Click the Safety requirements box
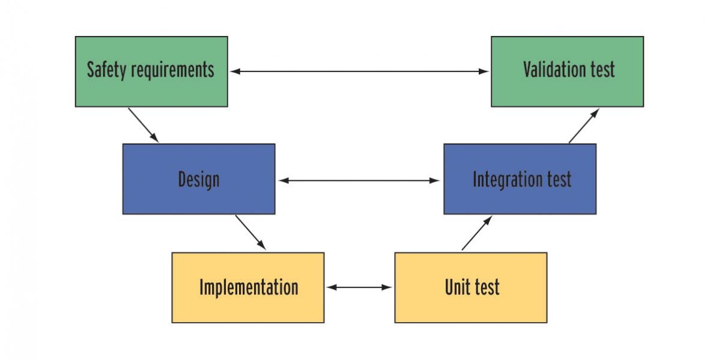[151, 72]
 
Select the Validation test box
[567, 72]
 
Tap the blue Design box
[199, 179]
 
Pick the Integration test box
[520, 179]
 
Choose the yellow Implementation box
[247, 287]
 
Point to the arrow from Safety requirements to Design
[143, 125]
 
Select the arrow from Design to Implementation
[250, 232]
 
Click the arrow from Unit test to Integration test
[477, 233]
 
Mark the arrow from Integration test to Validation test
[584, 126]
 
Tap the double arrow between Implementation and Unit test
[359, 287]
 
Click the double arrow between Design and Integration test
[359, 180]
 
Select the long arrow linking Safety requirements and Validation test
[359, 71]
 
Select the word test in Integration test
[559, 179]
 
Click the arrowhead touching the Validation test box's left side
[484, 71]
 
